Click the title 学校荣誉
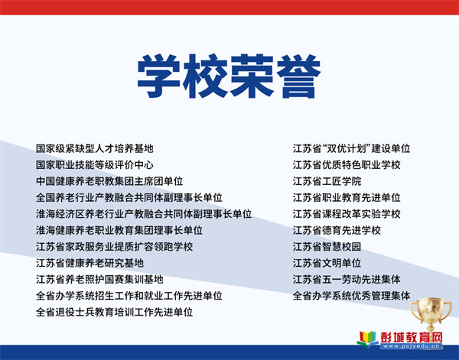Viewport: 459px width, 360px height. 229,76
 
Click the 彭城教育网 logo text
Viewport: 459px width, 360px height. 412,337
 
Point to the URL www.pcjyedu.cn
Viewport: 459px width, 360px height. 412,346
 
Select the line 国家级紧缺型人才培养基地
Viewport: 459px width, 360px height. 95,148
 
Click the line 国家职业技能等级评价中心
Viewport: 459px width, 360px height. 95,165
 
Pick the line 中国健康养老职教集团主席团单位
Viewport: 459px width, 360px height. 109,181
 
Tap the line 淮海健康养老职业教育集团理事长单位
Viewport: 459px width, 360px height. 119,231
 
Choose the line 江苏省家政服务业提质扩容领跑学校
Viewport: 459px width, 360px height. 114,247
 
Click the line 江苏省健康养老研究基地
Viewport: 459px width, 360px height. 90,263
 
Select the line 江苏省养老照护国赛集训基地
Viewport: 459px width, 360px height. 99,280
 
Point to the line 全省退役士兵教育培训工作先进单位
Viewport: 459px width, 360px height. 114,313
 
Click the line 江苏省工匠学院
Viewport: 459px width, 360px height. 327,181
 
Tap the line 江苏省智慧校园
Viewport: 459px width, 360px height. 327,247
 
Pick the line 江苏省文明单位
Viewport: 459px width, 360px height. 327,263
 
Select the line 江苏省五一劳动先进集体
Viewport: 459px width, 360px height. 347,280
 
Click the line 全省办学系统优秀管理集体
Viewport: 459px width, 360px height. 352,296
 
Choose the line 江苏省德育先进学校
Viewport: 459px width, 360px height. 337,231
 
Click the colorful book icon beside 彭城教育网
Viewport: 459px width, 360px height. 368,339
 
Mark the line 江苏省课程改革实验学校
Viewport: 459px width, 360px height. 347,214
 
